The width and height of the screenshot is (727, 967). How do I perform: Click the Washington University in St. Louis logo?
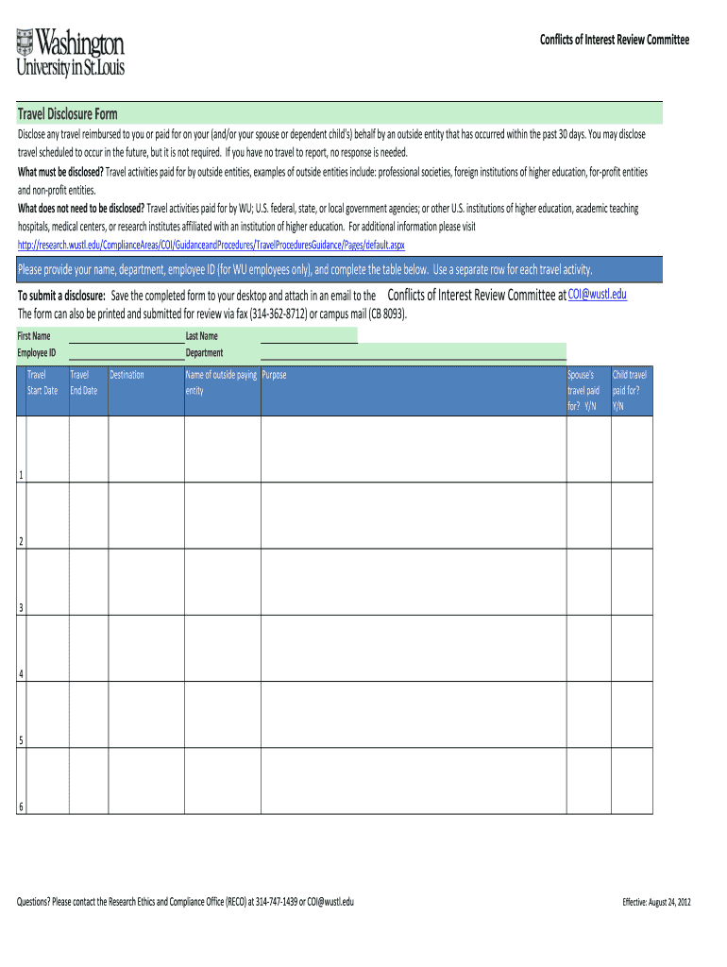[x=70, y=52]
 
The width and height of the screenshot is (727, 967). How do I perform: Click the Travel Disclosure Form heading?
[x=68, y=114]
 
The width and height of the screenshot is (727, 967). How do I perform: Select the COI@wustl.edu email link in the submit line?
[x=597, y=295]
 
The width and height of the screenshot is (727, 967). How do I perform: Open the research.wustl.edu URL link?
[x=211, y=245]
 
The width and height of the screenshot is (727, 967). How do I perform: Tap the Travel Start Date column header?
[x=42, y=382]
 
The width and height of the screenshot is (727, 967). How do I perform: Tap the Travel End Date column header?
[x=84, y=382]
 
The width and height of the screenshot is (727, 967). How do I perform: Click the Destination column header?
[x=127, y=375]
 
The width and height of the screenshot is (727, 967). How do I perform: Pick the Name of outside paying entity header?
[x=221, y=382]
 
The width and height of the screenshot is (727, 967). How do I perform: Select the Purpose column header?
[x=275, y=375]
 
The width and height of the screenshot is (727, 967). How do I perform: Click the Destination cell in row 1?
[x=145, y=450]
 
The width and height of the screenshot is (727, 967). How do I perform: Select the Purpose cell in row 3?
[x=413, y=582]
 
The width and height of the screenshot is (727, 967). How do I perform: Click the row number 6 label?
[x=21, y=806]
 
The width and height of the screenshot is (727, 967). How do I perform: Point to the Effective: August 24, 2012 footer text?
[x=657, y=903]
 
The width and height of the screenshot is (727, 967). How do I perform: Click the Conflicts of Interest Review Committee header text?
[x=614, y=40]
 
